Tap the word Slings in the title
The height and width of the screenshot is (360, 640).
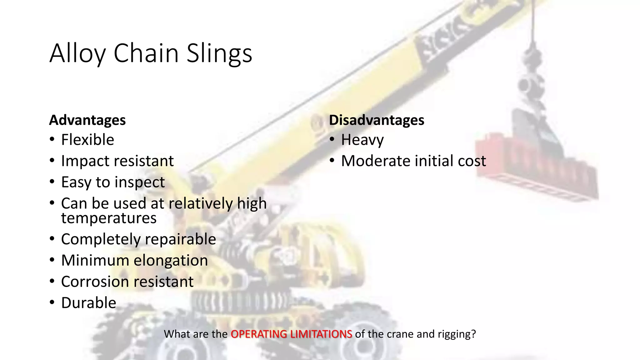pyautogui.click(x=219, y=53)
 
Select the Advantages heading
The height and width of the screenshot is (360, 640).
pyautogui.click(x=87, y=120)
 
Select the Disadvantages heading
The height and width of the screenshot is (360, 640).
pyautogui.click(x=376, y=120)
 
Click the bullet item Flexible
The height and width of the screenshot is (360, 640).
pyautogui.click(x=87, y=140)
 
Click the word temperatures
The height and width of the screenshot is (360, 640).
pyautogui.click(x=109, y=218)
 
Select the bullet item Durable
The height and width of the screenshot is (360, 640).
pyautogui.click(x=88, y=303)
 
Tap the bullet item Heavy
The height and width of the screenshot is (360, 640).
pyautogui.click(x=362, y=140)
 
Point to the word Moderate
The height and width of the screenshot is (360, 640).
pyautogui.click(x=375, y=161)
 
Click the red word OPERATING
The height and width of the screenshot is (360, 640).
pyautogui.click(x=258, y=334)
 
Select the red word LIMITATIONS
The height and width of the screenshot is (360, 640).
pyautogui.click(x=321, y=334)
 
